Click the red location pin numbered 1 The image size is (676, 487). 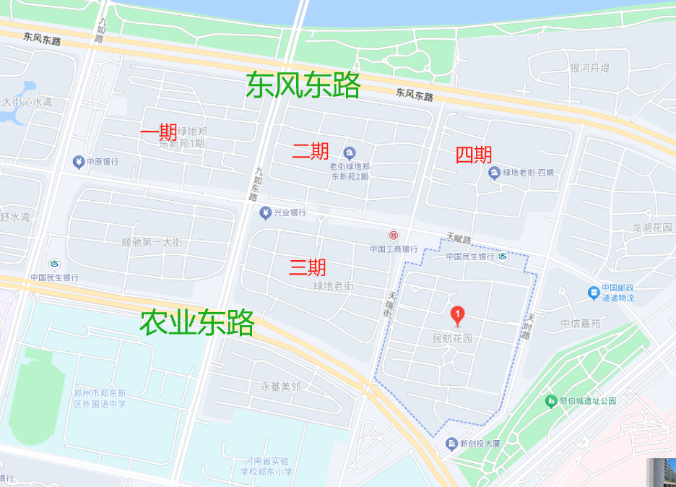point(457,315)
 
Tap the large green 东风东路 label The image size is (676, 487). point(303,85)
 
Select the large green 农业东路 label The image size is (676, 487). point(196,323)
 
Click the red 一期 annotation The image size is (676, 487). point(158,132)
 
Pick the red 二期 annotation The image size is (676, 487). point(311,151)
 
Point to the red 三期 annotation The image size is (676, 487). point(308,267)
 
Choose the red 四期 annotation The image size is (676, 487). point(474,155)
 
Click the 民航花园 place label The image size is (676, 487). point(452,338)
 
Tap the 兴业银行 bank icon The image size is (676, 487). point(265,212)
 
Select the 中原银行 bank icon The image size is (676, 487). point(79,161)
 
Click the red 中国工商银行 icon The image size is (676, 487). point(394,236)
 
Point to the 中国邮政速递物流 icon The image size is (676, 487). point(593,292)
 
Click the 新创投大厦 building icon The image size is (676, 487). point(452,443)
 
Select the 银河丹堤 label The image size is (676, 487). point(590,68)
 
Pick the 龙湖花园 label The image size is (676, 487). point(652,227)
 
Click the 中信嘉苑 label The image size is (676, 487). point(580,324)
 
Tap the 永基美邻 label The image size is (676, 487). point(280,387)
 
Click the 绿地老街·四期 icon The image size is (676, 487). point(494,172)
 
